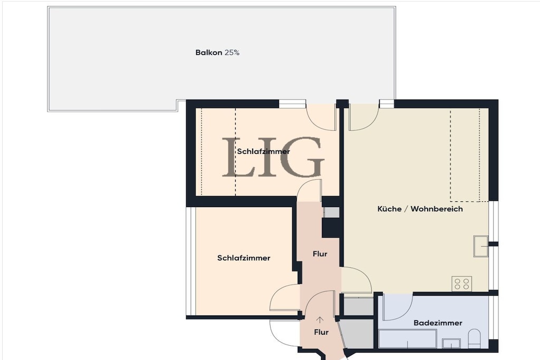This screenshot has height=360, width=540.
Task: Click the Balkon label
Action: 209,53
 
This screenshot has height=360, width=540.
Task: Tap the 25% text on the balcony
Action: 232,53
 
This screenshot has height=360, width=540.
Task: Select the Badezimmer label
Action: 438,323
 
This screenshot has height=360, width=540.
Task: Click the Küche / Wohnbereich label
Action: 420,209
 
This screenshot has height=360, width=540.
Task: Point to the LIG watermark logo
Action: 273,157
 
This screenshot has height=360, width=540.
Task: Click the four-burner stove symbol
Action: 462,284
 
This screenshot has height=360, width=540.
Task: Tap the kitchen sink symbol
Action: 481,246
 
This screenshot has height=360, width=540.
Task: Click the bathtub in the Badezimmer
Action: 408,339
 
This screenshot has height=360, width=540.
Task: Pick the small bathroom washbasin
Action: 451,343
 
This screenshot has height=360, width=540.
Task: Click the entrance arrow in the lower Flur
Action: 320,320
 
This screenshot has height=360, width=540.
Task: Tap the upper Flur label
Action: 320,254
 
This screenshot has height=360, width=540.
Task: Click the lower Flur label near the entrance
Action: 321,332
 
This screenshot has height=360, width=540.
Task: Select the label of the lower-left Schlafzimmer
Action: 244,258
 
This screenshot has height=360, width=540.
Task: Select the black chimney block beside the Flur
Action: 331,227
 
